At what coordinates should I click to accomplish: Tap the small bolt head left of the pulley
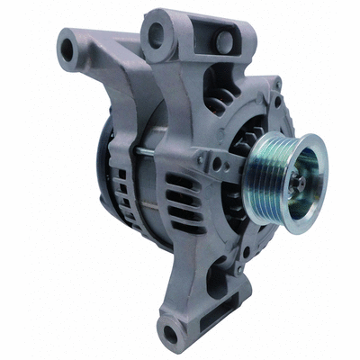[x=217, y=165]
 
